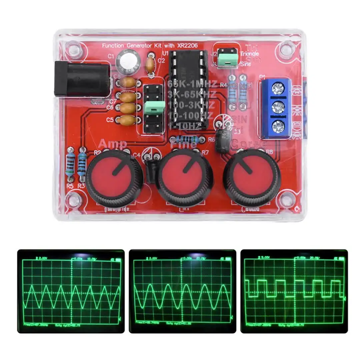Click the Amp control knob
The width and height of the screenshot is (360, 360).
point(115,178)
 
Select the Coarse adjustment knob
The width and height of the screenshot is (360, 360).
point(252,177)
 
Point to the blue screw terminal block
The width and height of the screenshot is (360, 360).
point(276,108)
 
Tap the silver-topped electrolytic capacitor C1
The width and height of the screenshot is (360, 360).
point(128,62)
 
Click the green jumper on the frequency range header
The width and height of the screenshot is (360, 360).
point(154,106)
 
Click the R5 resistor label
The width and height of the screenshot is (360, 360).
point(69,186)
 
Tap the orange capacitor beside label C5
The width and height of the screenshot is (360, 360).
point(128,120)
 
